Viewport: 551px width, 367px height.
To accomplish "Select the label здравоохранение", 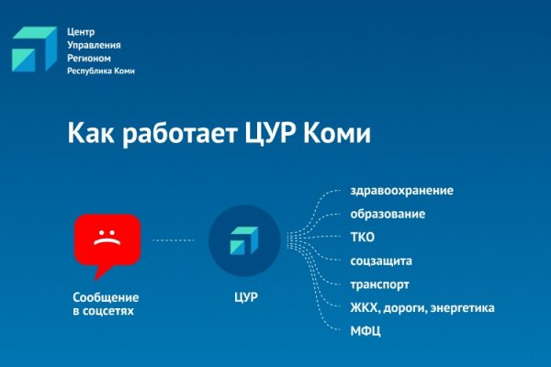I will [401, 191].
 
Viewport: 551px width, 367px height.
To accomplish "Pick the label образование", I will [387, 214].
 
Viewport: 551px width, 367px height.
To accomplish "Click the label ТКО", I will [362, 238].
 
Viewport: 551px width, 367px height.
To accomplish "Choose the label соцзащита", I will [381, 261].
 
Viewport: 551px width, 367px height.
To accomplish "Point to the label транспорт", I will [379, 284].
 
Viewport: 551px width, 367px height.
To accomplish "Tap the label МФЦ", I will [365, 330].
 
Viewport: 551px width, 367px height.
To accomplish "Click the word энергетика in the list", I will [464, 307].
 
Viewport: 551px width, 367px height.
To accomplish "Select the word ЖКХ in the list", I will [365, 307].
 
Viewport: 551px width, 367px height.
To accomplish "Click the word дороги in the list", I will [409, 307].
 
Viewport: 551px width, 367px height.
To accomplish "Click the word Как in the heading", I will [88, 134].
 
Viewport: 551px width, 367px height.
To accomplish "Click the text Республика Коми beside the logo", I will [100, 72].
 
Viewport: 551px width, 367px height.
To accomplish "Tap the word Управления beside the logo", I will [94, 44].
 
